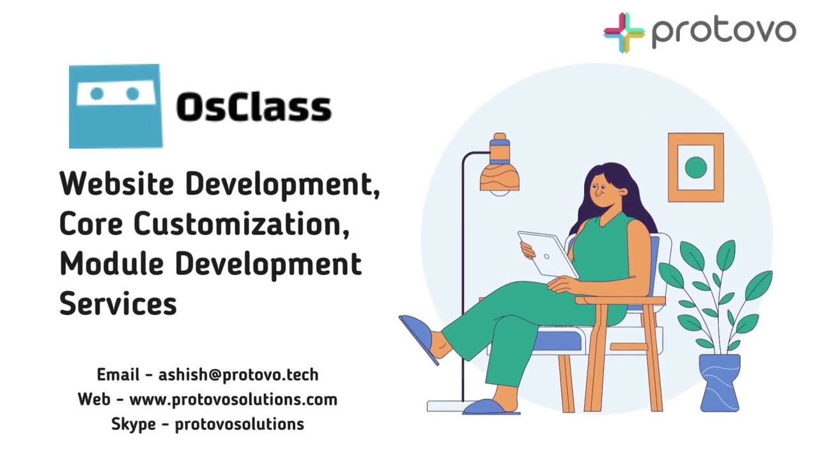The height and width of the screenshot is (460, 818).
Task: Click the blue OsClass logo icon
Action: point(115,106)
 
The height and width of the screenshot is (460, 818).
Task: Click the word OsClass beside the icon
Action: point(253,107)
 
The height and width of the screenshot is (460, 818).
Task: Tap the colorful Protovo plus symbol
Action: point(624,32)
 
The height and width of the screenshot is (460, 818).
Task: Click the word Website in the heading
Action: point(116,184)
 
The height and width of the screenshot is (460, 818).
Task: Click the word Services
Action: point(118,303)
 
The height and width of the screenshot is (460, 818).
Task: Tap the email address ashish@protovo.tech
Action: point(238,375)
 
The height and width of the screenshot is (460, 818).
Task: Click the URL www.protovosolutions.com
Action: point(233,400)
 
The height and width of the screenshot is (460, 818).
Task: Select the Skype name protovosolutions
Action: point(239,424)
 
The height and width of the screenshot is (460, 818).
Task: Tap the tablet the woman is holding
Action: point(546,254)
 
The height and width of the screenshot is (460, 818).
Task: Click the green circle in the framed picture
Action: point(695,167)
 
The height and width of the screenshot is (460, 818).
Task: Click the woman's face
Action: point(601,190)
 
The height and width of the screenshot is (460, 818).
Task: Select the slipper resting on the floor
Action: point(490,407)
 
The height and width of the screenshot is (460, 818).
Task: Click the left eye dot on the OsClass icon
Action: point(97,95)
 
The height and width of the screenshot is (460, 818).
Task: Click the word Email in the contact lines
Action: point(118,375)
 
